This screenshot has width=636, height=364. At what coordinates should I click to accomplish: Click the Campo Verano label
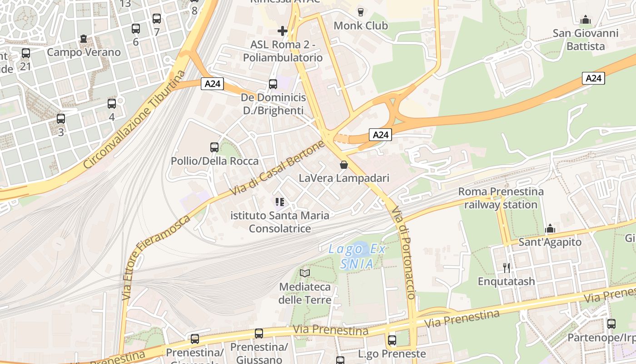(x=84, y=52)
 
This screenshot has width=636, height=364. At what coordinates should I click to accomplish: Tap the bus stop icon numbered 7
(x=157, y=19)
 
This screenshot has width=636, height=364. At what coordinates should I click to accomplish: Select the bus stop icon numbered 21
(x=26, y=53)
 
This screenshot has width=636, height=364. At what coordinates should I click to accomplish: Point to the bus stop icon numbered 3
(x=61, y=119)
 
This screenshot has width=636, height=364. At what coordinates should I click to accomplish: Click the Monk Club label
(x=361, y=25)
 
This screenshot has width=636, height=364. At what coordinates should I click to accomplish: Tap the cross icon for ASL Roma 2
(x=283, y=31)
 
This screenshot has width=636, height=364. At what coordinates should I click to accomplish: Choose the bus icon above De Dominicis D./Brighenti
(x=273, y=84)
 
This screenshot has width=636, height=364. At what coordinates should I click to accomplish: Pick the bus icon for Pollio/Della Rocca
(x=214, y=147)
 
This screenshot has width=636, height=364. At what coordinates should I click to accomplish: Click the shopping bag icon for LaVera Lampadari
(x=344, y=165)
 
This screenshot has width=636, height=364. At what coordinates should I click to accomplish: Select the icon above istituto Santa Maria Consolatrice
(x=280, y=202)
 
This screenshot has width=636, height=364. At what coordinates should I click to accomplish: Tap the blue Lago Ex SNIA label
(x=357, y=256)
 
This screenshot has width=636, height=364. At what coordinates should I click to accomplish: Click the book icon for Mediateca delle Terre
(x=305, y=273)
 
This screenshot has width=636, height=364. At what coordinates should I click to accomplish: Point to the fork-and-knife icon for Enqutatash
(x=507, y=268)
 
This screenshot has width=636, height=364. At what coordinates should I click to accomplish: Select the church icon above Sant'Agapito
(x=550, y=228)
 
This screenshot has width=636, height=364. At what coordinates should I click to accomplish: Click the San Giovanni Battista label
(x=586, y=40)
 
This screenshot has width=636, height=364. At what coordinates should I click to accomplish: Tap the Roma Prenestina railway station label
(x=501, y=198)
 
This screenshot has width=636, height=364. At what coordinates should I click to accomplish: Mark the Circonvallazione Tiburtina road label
(x=135, y=120)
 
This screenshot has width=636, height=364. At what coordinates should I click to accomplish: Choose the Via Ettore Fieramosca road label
(x=156, y=258)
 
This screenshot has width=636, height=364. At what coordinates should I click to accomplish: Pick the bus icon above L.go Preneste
(x=392, y=340)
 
